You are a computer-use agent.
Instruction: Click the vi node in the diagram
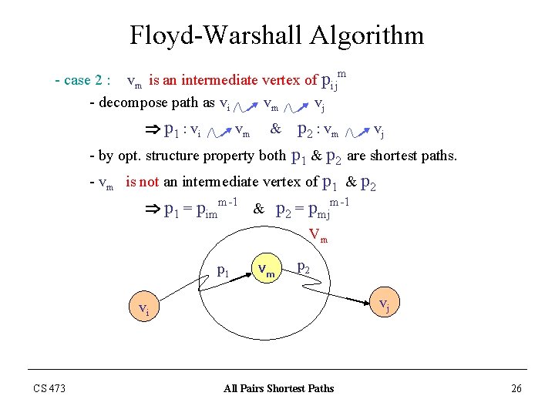click(143, 310)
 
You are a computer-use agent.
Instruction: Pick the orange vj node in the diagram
click(383, 305)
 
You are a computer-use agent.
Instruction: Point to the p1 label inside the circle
click(223, 270)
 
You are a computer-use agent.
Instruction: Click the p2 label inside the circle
click(304, 267)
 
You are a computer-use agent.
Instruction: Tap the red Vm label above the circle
click(318, 234)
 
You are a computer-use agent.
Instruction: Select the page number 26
click(516, 388)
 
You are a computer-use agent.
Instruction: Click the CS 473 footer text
click(49, 388)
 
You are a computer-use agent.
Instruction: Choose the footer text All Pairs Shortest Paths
click(278, 388)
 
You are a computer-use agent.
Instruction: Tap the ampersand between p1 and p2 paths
click(275, 129)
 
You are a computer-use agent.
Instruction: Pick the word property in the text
click(228, 156)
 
